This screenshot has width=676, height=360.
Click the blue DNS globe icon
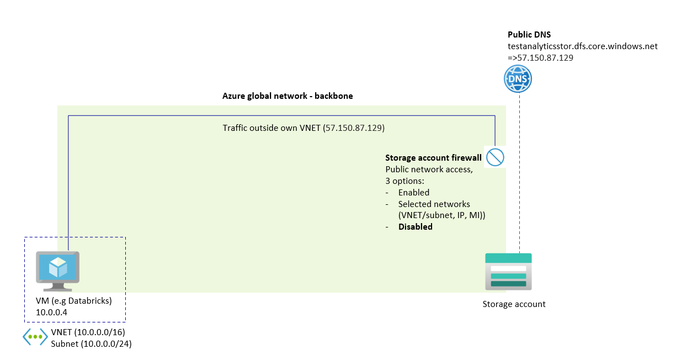518,78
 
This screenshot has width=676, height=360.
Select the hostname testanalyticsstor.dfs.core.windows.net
582,46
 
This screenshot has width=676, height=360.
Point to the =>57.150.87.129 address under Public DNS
540,57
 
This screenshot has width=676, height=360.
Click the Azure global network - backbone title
287,96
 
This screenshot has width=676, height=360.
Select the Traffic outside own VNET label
304,128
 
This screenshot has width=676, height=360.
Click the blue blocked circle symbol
495,157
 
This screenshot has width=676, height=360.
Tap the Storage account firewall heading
433,158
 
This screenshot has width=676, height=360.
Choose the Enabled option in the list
414,193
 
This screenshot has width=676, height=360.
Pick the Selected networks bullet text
434,204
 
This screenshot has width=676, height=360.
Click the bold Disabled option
415,227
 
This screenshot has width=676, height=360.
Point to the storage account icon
508,271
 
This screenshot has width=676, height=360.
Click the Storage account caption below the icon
514,304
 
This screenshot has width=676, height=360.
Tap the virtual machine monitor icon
57,270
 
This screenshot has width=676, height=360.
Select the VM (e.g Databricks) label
73,301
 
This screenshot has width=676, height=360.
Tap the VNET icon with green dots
35,337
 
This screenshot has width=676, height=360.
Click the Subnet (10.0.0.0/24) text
91,344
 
